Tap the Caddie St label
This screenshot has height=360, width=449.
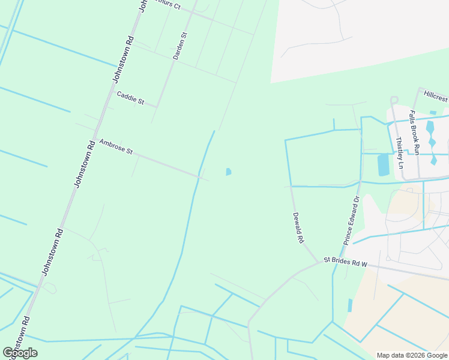pos(130,98)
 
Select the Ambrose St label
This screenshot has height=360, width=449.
pos(116,146)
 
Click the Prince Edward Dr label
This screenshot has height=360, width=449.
pos(352,220)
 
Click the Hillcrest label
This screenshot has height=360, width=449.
pos(435,96)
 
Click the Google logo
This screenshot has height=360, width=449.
pos(20,353)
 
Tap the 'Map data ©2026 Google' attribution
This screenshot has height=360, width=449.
pos(412,355)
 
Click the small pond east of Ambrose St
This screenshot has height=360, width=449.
pos(228,172)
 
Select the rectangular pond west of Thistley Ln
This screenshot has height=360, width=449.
pos(383,164)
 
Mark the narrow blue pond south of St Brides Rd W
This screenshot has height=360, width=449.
pos(350,305)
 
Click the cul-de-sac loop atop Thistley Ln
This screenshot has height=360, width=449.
pos(394,100)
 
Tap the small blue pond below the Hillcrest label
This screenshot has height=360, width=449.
pos(433,112)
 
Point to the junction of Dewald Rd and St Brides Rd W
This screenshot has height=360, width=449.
pos(319,262)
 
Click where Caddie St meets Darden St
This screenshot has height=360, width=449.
pos(157,107)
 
